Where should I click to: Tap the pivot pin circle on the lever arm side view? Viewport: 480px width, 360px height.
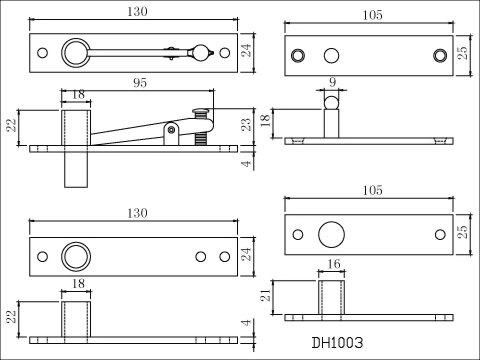[x=172, y=129]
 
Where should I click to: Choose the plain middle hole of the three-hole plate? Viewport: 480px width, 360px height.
[x=331, y=53]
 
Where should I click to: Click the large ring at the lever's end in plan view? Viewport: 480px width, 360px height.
[x=75, y=51]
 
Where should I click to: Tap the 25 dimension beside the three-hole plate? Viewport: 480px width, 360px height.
[x=462, y=53]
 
